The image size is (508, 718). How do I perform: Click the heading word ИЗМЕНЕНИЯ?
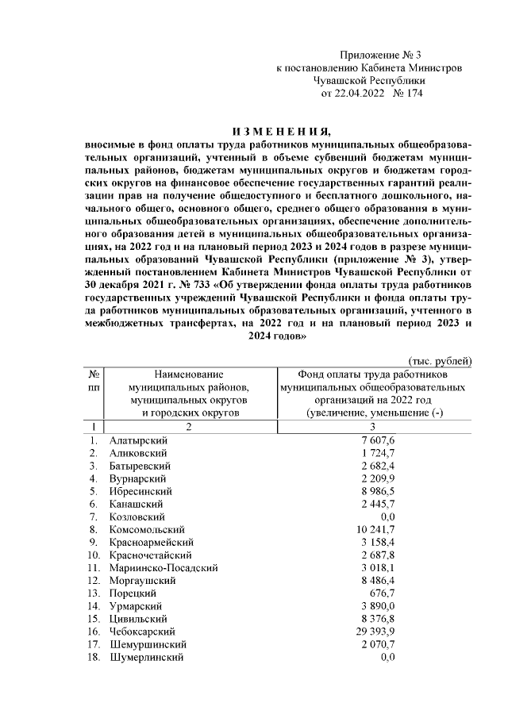pos(276,131)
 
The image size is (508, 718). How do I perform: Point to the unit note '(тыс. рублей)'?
pos(441,361)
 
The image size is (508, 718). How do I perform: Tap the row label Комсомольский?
pos(147,528)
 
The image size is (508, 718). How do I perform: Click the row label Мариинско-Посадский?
pos(164,567)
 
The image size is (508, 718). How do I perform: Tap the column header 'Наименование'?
pos(189,374)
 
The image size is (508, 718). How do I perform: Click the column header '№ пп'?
pos(94,380)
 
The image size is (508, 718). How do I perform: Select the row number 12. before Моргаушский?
pos(94,580)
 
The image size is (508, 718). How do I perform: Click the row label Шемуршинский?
pos(148,644)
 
